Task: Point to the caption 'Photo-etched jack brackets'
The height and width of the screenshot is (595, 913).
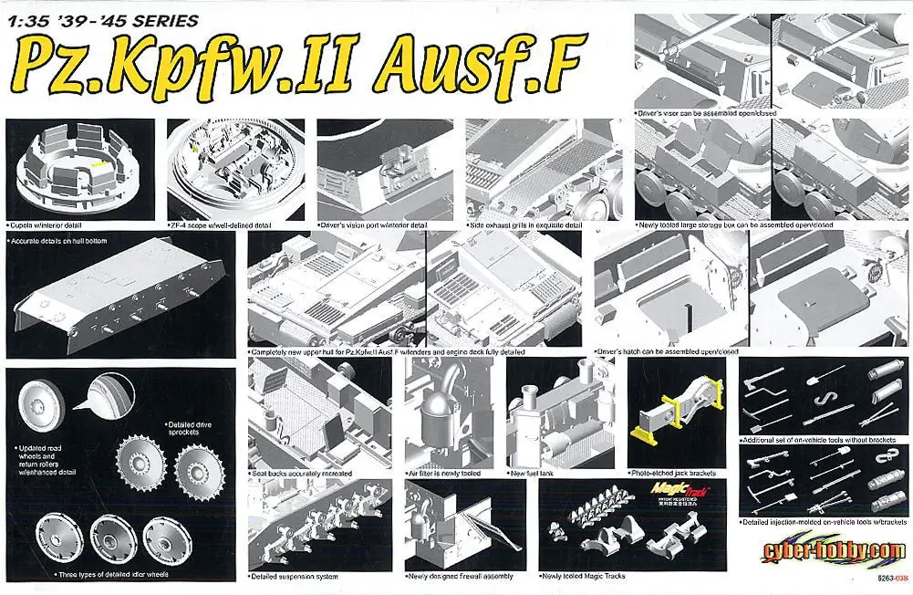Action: click(673, 473)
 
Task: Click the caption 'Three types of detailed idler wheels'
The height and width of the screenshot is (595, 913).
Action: click(115, 574)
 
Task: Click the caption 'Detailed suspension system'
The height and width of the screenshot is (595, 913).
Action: click(294, 576)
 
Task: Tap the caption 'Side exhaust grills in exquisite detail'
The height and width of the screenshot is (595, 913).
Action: click(525, 224)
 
